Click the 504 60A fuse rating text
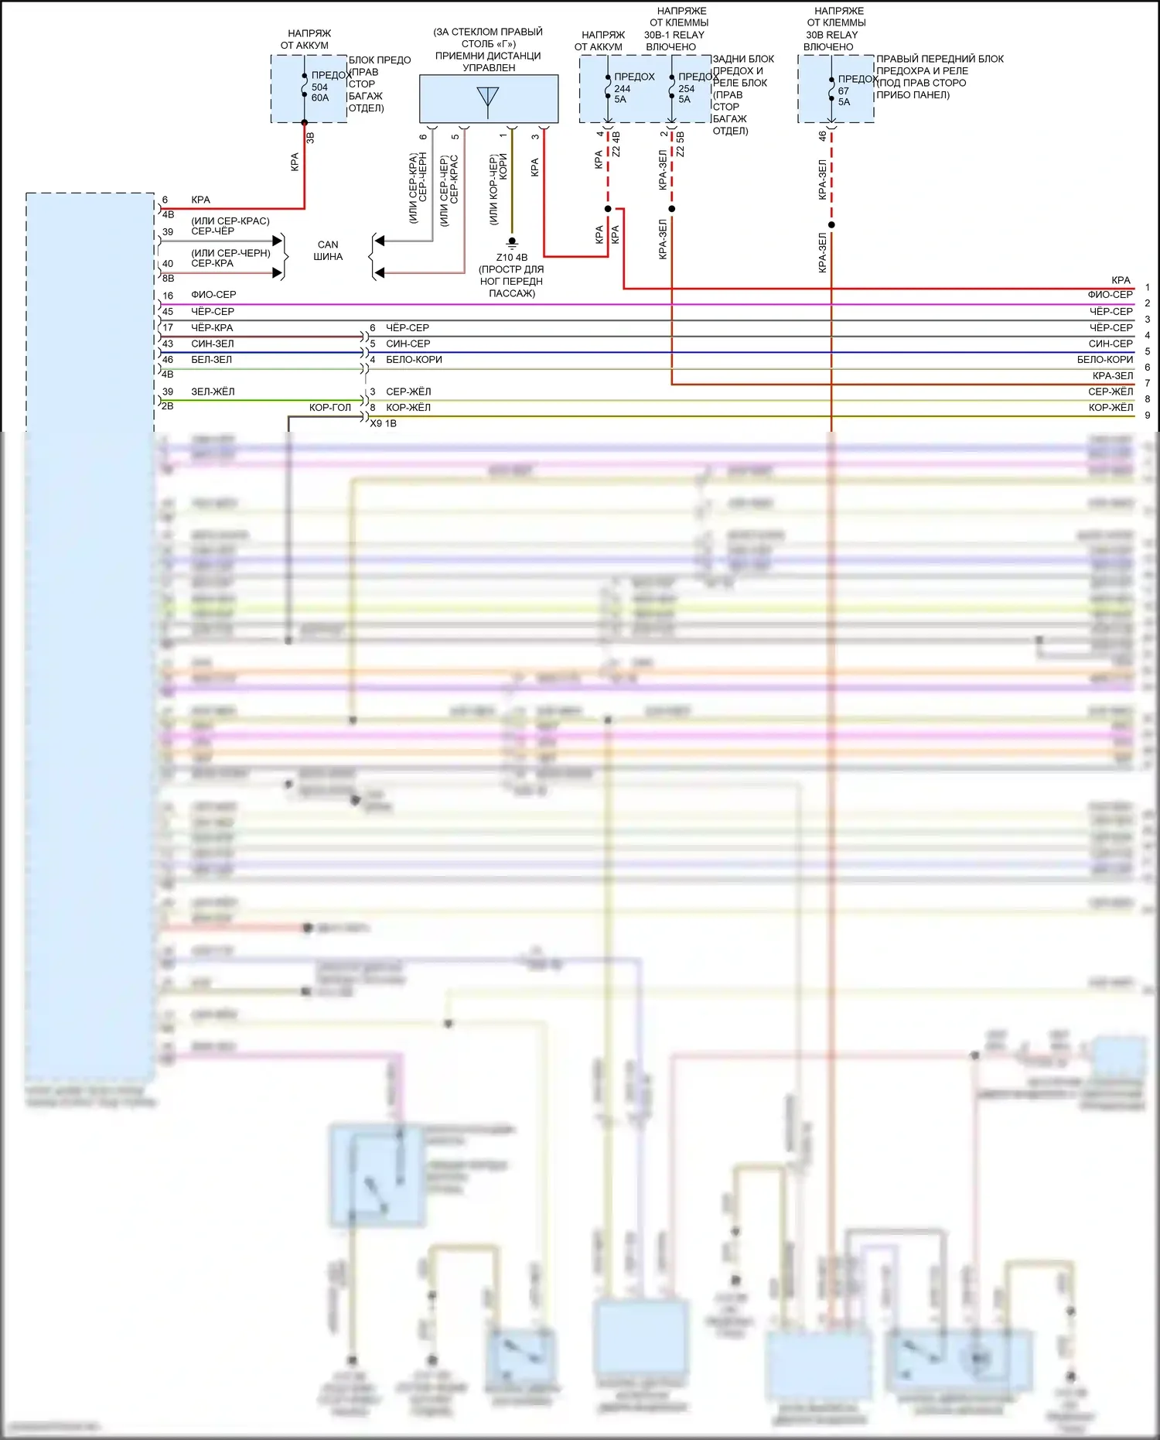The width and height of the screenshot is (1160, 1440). click(x=320, y=93)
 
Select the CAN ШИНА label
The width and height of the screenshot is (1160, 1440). click(x=328, y=251)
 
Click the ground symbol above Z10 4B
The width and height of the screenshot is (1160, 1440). click(x=511, y=243)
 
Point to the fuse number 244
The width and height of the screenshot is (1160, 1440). click(x=623, y=89)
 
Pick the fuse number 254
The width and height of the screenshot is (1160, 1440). click(x=687, y=89)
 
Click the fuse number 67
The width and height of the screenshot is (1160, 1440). click(x=843, y=91)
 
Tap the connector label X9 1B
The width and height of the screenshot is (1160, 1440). click(x=384, y=424)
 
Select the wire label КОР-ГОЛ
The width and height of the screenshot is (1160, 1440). click(x=330, y=408)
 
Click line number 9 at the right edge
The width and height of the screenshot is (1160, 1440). click(x=1148, y=416)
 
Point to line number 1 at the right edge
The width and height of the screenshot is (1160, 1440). click(x=1148, y=288)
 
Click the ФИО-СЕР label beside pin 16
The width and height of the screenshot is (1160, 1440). click(x=213, y=295)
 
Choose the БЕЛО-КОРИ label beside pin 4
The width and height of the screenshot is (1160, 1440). click(x=414, y=360)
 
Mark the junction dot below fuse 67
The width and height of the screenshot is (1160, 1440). click(x=831, y=225)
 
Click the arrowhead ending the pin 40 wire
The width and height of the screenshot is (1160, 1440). click(x=278, y=272)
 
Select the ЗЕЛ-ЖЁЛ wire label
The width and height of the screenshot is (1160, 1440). click(x=213, y=392)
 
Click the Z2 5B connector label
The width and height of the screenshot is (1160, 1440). click(x=681, y=144)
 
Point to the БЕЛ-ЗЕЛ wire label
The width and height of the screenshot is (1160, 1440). click(x=211, y=360)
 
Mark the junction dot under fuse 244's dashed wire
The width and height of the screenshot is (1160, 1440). click(x=608, y=209)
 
